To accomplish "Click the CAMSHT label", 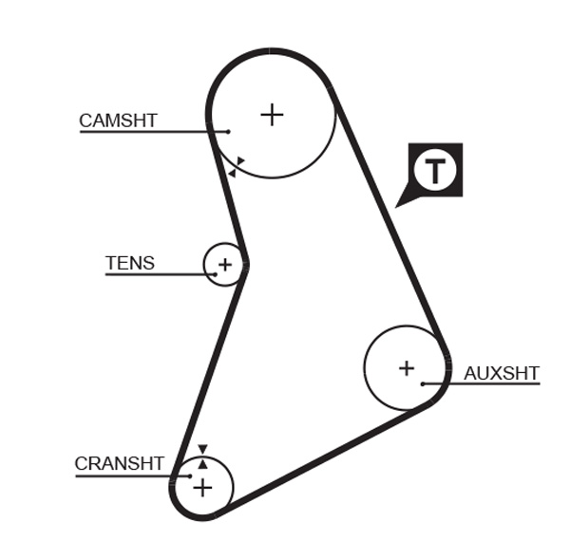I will point(118,121).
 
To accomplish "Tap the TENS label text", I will point(129,263).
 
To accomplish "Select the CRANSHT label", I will point(119,464).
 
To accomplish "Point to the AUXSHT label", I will point(501,373).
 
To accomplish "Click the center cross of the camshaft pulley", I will point(272,115).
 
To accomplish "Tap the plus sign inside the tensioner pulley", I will point(224,264).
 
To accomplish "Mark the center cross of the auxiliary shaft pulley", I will point(406,367).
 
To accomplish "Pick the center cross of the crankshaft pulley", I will point(202,488).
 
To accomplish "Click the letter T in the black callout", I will point(435,171).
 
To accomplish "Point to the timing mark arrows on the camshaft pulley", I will point(236,167).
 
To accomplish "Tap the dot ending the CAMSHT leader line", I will point(229,131).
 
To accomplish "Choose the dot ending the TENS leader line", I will point(215,274).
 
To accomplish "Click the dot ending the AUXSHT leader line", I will point(423,383).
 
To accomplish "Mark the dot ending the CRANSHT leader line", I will point(190,475).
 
